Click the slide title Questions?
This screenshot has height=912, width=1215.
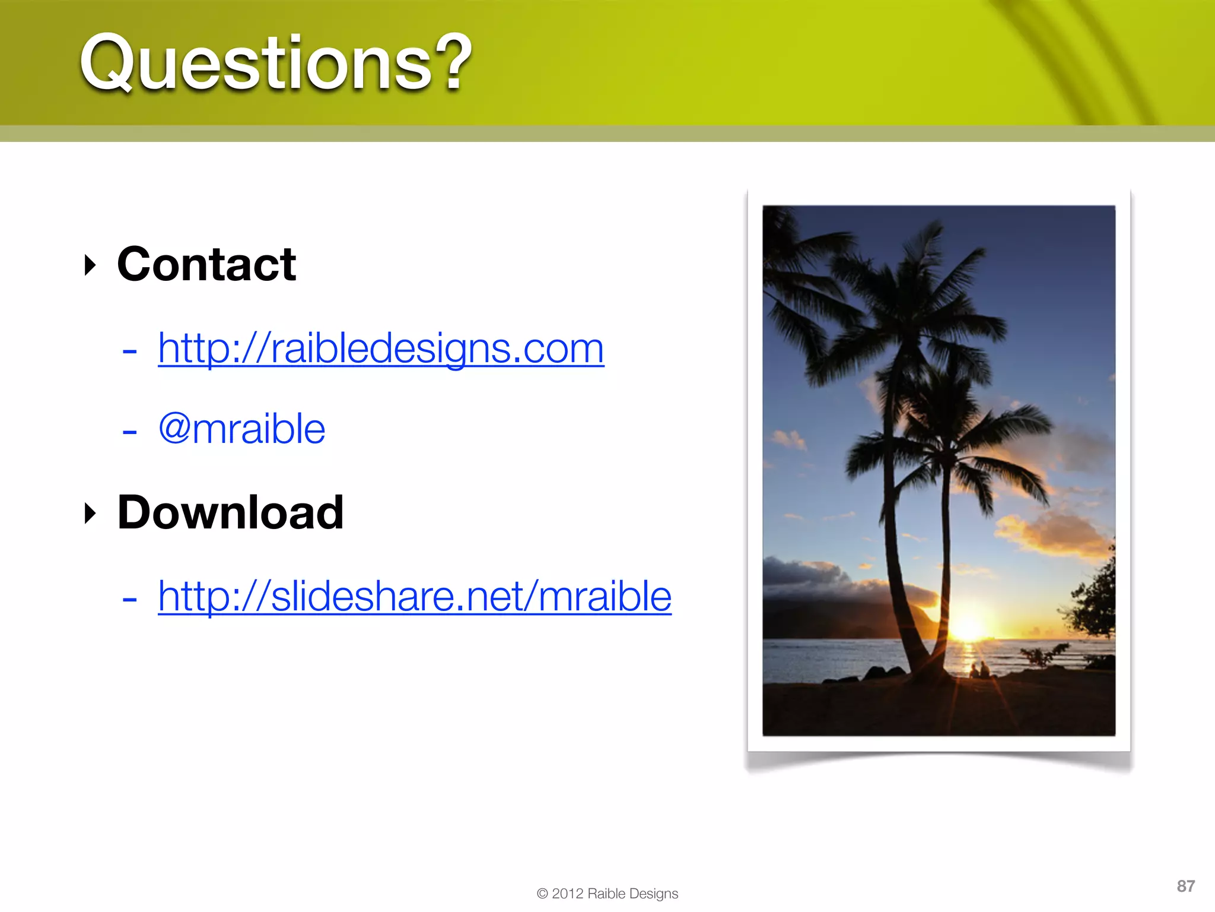(x=276, y=62)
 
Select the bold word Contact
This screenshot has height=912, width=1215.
(x=206, y=264)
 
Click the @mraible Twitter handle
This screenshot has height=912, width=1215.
(x=242, y=429)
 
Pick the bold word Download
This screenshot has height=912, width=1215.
(x=230, y=512)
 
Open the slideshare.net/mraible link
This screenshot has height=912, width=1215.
(x=415, y=596)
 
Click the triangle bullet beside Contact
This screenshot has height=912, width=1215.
(x=90, y=265)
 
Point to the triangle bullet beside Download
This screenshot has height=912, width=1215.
(x=90, y=513)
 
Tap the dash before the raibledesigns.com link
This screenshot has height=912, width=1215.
(x=129, y=351)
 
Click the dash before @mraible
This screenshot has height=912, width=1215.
(x=129, y=432)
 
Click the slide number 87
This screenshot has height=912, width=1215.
(x=1185, y=886)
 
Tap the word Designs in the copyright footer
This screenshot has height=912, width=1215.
(x=654, y=894)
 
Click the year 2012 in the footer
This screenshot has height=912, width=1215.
(x=568, y=894)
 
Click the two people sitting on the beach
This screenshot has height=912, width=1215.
(x=979, y=670)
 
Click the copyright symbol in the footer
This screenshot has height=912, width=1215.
(x=542, y=894)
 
